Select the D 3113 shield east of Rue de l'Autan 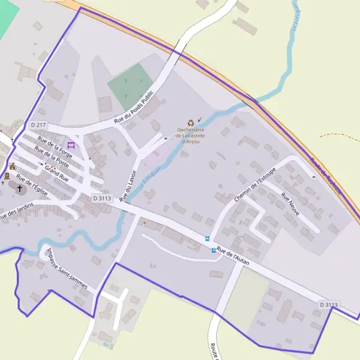(329, 305)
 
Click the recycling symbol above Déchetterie (191, 122)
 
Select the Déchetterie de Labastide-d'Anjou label (191, 136)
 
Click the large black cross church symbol (20, 189)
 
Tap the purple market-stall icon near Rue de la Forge (71, 145)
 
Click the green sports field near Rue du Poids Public (131, 84)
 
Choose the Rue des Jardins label (16, 211)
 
